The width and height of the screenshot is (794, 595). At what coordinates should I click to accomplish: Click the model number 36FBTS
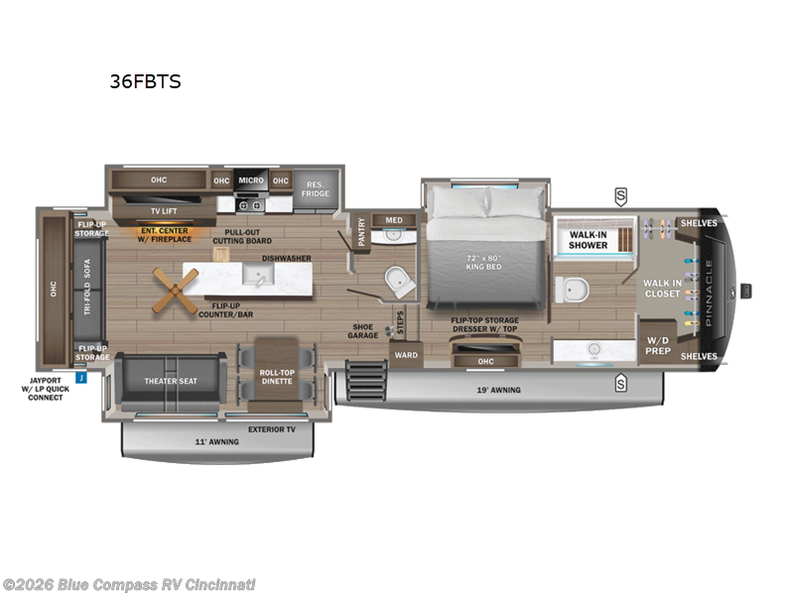145,82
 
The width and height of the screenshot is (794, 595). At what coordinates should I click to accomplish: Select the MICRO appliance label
250,180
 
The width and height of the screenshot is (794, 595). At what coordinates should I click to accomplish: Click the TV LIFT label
163,210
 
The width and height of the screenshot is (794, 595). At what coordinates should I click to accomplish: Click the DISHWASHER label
287,258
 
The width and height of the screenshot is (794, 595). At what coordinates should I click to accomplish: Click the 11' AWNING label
216,441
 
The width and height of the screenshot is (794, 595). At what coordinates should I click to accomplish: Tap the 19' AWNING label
499,391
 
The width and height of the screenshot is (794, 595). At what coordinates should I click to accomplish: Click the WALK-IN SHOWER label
589,240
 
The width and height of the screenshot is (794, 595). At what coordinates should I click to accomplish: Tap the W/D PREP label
658,346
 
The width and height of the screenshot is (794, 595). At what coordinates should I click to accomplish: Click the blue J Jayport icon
81,377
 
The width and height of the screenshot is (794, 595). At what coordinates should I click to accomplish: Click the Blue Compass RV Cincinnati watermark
129,584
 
